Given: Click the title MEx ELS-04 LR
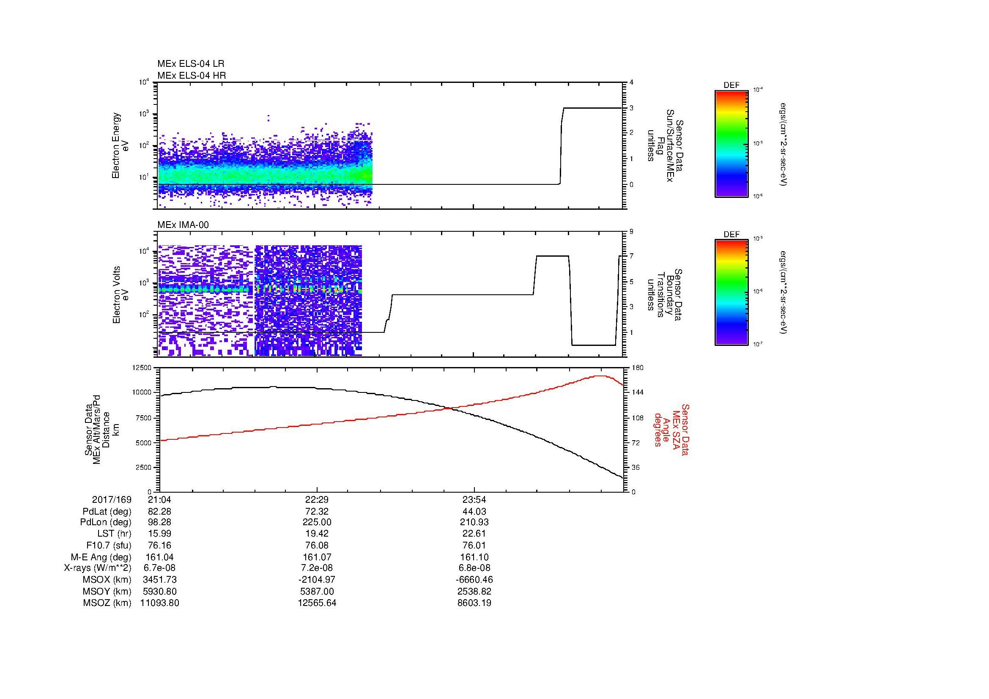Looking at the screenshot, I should coord(190,64).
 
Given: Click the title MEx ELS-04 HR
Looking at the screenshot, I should coord(191,75).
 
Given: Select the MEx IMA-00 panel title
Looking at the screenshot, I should coord(183,225).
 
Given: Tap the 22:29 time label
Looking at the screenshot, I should coord(317,499).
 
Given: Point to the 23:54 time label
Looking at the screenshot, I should coord(474,499).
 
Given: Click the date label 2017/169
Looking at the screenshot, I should coord(112,499).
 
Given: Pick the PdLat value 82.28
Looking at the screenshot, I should coord(159,512).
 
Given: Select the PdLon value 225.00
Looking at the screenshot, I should coord(317,522).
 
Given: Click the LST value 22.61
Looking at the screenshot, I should coord(474,533).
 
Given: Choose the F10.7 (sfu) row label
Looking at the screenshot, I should coord(109,545).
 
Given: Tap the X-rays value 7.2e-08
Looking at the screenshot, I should coord(317,568).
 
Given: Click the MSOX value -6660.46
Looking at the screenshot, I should coord(474,580).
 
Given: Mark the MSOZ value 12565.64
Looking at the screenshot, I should coord(317,603).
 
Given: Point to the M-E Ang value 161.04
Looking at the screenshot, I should coord(159,557).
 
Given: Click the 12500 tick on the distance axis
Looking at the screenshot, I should coord(142,368).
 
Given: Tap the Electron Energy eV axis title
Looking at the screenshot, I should coord(121,145).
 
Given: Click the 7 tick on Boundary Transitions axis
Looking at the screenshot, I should coord(631,256).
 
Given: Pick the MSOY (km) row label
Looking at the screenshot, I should coord(107,591).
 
